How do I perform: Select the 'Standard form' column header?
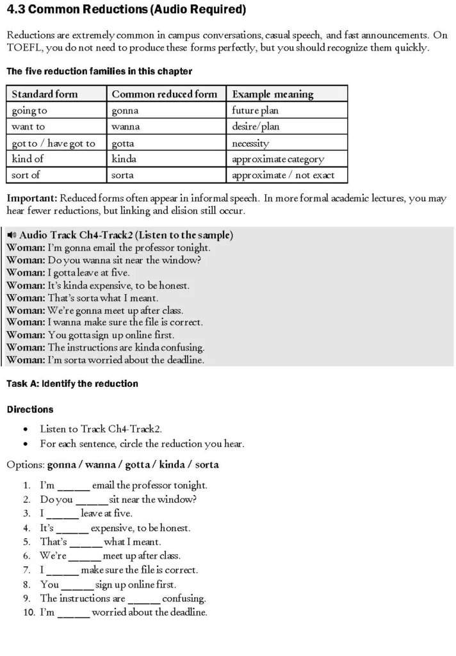coord(44,94)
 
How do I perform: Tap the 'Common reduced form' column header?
coord(164,94)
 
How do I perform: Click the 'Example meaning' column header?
coord(272,94)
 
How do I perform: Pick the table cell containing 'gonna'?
coord(125,110)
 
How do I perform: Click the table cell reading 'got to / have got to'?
coord(53,143)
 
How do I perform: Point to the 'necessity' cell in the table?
coord(250,143)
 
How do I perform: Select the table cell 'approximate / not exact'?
coord(282,175)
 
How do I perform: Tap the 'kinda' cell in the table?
coord(124,159)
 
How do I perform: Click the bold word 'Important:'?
coord(31,198)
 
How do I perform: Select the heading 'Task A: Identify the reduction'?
coord(72,384)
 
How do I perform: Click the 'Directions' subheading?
coord(30,409)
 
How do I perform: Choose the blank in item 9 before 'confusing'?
coord(144,599)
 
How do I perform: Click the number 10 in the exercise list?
coord(27,612)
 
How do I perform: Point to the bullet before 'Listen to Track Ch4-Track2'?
coord(25,429)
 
